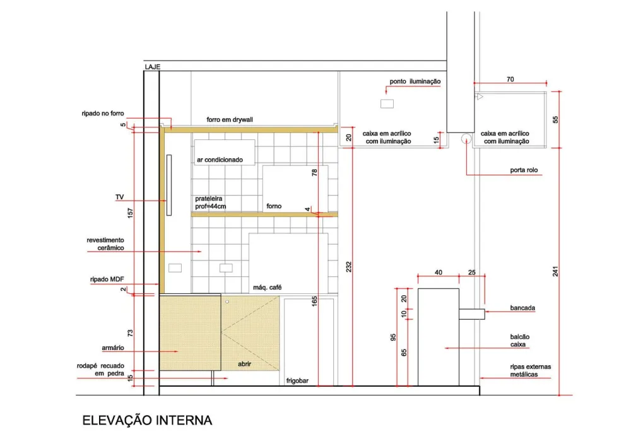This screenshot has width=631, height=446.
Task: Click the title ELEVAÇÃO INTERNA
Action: point(147,420)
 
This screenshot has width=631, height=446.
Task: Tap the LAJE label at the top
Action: point(153,67)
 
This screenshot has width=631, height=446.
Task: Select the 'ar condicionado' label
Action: point(220,160)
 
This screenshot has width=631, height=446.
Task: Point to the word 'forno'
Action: point(274,206)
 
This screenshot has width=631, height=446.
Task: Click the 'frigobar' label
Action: point(297,380)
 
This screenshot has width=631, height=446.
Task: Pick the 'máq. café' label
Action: point(267,287)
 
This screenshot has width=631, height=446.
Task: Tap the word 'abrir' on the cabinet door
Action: point(244,364)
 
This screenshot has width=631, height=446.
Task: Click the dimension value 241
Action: point(555,271)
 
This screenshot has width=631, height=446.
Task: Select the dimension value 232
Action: point(348,267)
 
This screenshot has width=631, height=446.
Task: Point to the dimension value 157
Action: point(130,213)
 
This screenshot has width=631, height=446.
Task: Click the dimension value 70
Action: point(510,79)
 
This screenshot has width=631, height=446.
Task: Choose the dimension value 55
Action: point(555,119)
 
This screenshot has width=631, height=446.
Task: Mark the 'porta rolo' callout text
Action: point(524,170)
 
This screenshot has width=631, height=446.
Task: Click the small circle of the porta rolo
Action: point(466,139)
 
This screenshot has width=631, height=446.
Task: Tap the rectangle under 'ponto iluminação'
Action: point(387,103)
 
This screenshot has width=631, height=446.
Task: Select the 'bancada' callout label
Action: point(522,308)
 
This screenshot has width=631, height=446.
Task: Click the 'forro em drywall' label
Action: point(230,119)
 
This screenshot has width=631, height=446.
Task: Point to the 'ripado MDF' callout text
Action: point(107,279)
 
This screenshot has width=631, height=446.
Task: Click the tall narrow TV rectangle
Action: point(169,185)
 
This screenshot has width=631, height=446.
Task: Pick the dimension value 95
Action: point(393,337)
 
